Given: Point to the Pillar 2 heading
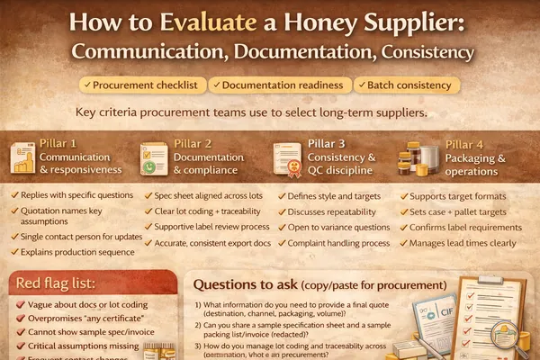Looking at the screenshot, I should click(x=194, y=143).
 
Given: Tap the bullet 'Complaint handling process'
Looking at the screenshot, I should click(x=337, y=243).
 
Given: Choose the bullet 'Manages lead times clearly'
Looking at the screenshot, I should click(x=469, y=243).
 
